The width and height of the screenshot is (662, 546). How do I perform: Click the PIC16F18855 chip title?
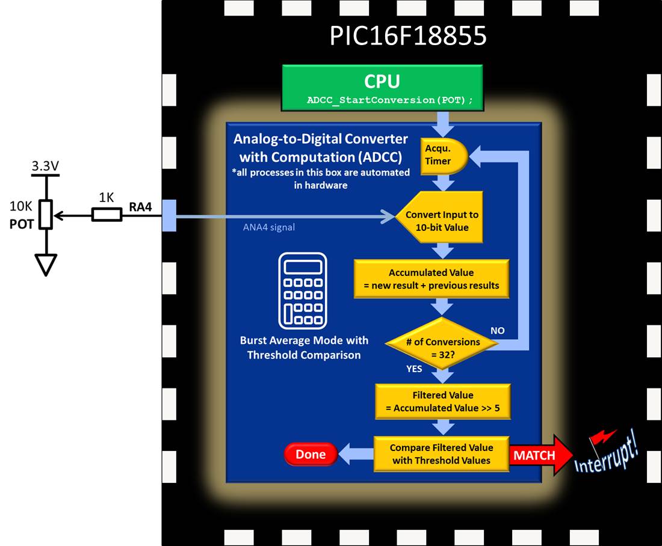407,36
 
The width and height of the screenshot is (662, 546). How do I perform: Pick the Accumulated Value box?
432,279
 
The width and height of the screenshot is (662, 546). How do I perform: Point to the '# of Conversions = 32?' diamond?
442,347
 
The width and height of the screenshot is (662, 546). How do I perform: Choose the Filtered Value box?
442,402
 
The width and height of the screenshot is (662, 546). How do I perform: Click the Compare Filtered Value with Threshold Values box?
441,454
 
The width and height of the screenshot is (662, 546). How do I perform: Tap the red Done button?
311,455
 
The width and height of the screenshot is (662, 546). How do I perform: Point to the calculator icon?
303,290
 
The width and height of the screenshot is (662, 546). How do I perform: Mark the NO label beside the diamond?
497,331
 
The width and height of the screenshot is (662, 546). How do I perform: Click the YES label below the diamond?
414,369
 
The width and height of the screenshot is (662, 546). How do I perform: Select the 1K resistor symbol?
107,215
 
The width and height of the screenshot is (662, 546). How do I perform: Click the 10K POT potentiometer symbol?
46,215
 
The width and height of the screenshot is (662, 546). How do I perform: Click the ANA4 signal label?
269,227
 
